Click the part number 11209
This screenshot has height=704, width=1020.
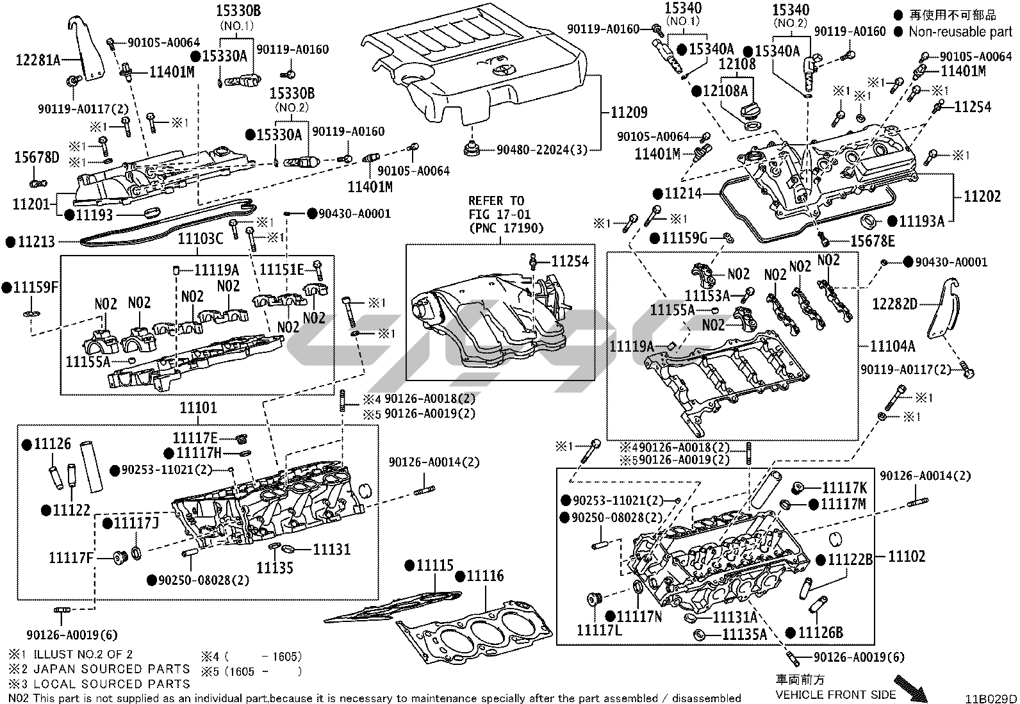629,113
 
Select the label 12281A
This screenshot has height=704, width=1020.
38,61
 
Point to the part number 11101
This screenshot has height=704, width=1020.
198,407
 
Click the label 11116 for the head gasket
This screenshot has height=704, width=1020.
485,577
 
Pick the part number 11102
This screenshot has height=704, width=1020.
907,556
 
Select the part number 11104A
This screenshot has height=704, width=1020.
893,347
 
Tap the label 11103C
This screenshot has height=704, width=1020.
201,239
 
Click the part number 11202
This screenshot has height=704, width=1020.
982,196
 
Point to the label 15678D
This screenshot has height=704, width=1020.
37,157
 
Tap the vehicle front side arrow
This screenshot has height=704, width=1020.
910,687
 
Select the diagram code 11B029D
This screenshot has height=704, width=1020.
992,698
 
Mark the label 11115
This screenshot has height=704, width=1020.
434,566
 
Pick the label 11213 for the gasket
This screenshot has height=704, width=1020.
36,242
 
